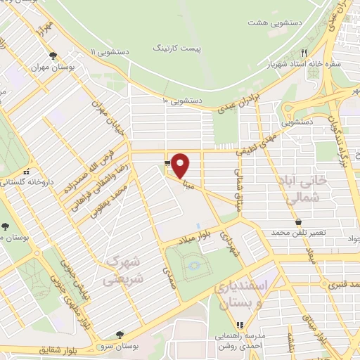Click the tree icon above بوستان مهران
(52, 56)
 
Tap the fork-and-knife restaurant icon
(304, 51)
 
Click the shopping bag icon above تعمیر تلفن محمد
(299, 222)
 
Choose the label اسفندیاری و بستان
(237, 295)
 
